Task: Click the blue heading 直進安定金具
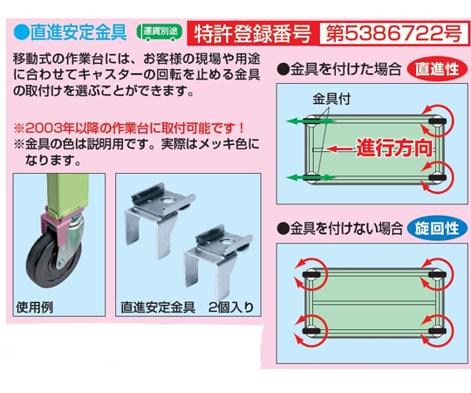point(78,32)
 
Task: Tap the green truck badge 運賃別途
point(160,31)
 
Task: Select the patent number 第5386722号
point(393,34)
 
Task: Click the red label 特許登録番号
point(252,34)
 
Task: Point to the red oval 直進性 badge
point(437,70)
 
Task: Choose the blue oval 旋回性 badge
point(437,229)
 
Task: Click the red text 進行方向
point(394,148)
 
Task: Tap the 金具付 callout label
point(331,99)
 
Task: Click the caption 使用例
point(35,307)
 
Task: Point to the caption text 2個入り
point(230,307)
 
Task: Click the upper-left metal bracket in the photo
point(160,219)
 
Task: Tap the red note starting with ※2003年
point(129,128)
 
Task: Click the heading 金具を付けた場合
point(339,70)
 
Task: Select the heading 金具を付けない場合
point(339,229)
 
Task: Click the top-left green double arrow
point(311,121)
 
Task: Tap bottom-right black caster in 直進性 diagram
point(437,177)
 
